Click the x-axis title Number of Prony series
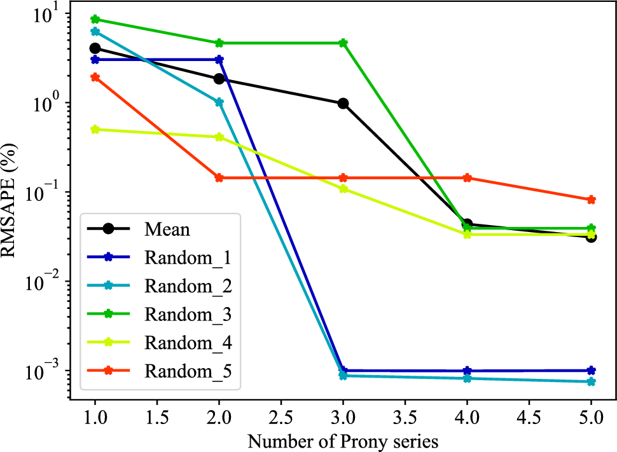pos(342,441)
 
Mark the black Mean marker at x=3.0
pos(343,104)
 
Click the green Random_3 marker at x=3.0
pos(343,43)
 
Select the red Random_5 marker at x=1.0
pos(95,78)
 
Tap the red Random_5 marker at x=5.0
pos(591,200)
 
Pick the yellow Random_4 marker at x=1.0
pos(95,130)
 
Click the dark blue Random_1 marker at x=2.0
pos(219,60)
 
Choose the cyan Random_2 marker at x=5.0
pos(591,381)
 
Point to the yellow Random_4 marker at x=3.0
pos(343,189)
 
